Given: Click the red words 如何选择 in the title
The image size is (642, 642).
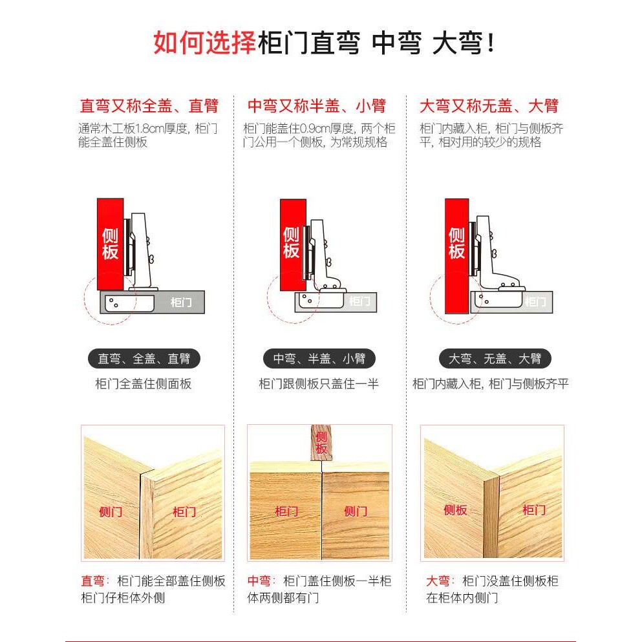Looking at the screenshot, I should click(204, 43).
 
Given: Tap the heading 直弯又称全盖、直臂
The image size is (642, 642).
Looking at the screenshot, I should click(149, 106).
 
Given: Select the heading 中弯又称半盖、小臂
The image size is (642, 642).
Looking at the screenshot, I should click(316, 106).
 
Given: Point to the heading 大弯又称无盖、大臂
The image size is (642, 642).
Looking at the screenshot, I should click(489, 106).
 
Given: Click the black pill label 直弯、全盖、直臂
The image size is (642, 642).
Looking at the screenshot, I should click(144, 358).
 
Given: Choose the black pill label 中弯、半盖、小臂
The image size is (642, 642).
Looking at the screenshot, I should click(319, 358).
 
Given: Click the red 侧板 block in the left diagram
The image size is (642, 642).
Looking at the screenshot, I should click(110, 243).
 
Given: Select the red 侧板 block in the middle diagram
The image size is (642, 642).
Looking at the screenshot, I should click(292, 242).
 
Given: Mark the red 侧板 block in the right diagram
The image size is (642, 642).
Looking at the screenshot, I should click(456, 243).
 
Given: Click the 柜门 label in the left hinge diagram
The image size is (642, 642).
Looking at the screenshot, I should click(180, 302).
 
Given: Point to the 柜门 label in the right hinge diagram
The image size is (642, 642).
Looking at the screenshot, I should click(535, 301).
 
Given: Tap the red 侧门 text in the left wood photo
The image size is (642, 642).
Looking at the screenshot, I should click(111, 512).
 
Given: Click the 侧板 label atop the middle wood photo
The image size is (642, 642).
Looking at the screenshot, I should click(321, 442).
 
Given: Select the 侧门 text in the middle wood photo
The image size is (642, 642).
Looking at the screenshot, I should click(355, 511).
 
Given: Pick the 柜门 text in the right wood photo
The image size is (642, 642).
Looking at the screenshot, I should click(533, 510).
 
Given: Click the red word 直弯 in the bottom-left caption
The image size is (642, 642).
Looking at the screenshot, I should click(92, 581).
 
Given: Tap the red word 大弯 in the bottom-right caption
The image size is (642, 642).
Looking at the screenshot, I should click(437, 581).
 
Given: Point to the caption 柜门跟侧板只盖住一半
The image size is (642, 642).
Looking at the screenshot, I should click(319, 384).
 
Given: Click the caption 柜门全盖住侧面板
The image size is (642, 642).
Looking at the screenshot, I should click(144, 384).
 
